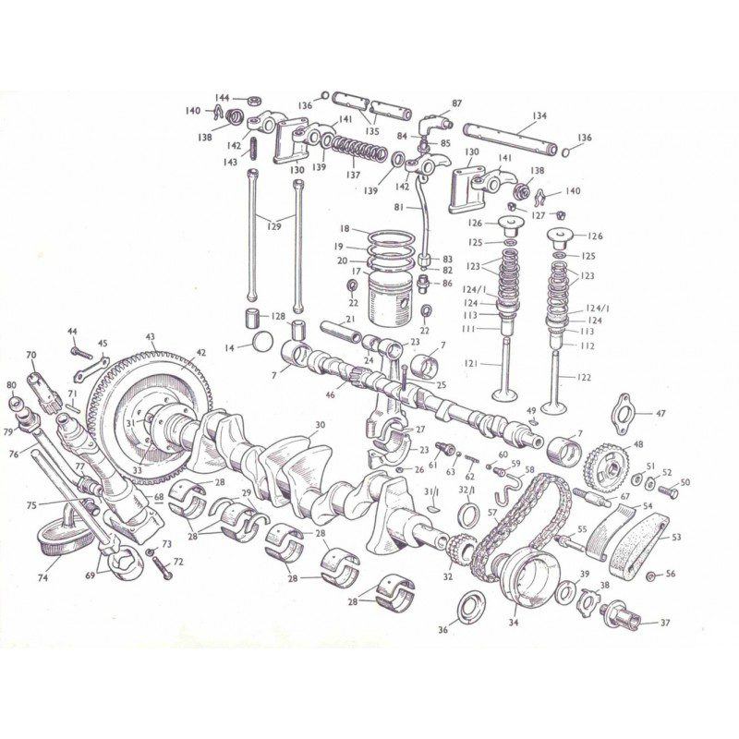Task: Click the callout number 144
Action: [223, 97]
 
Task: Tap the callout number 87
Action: [456, 103]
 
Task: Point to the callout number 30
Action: [320, 426]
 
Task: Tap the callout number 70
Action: [30, 355]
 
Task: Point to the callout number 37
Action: [664, 624]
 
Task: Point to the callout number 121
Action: [470, 364]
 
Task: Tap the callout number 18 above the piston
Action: [344, 228]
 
